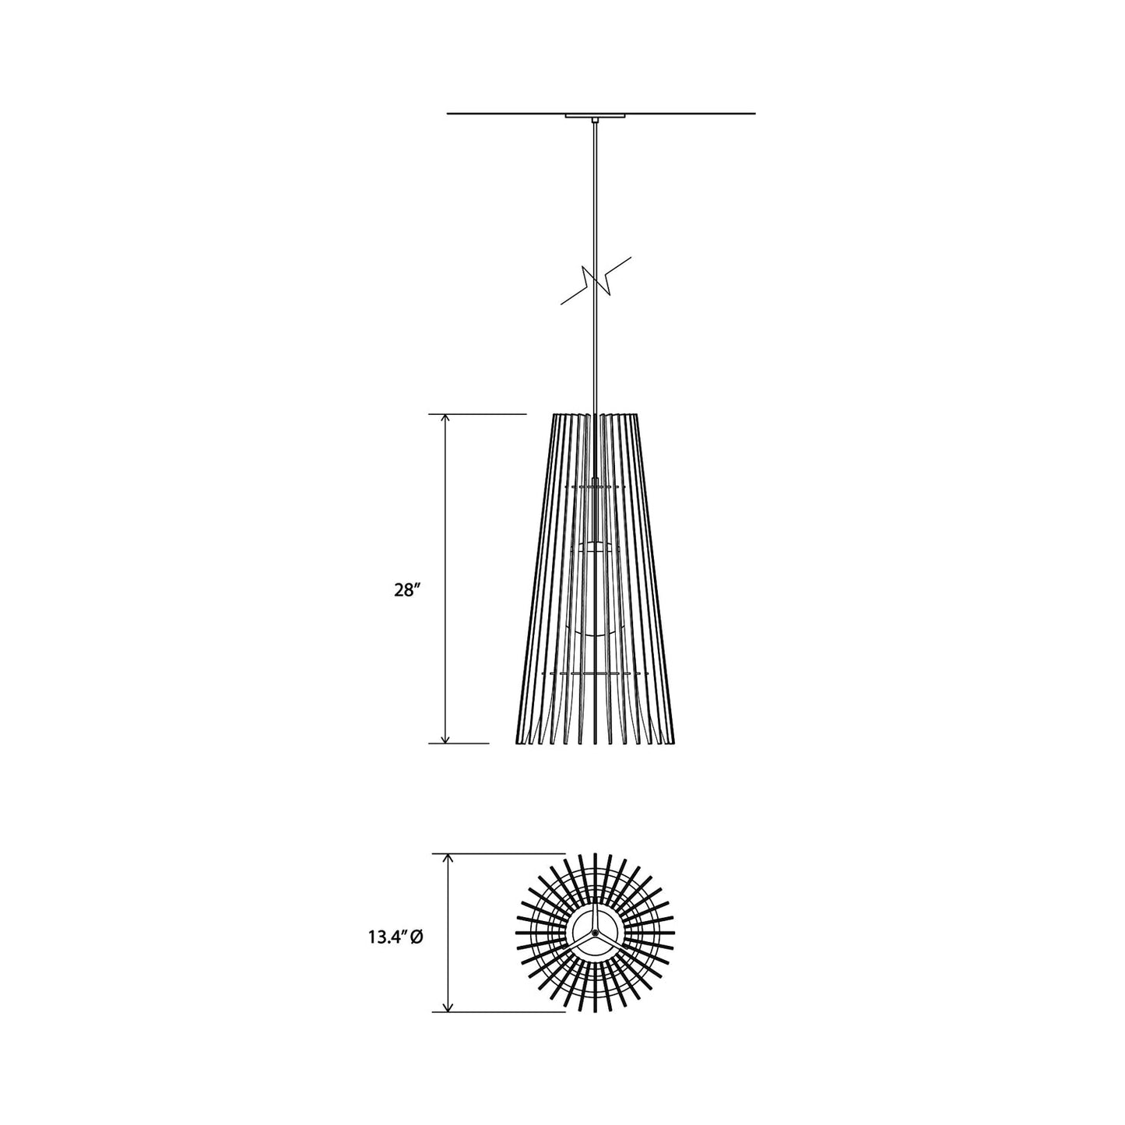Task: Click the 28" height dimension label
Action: coord(406,590)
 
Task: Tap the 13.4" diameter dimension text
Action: coord(387,938)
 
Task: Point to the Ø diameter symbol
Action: coord(417,938)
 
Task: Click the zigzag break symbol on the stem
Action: coord(596,280)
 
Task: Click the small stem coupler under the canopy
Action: coord(595,121)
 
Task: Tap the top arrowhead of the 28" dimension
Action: coord(445,420)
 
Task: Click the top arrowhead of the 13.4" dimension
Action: coord(448,859)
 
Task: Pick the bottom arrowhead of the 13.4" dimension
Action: coord(448,1007)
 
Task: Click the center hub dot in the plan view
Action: coord(595,933)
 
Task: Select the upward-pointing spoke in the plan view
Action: coord(595,919)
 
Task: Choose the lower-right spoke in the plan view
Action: coord(608,940)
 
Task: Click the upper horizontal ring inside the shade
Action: coord(595,487)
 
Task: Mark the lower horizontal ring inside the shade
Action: coord(595,672)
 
